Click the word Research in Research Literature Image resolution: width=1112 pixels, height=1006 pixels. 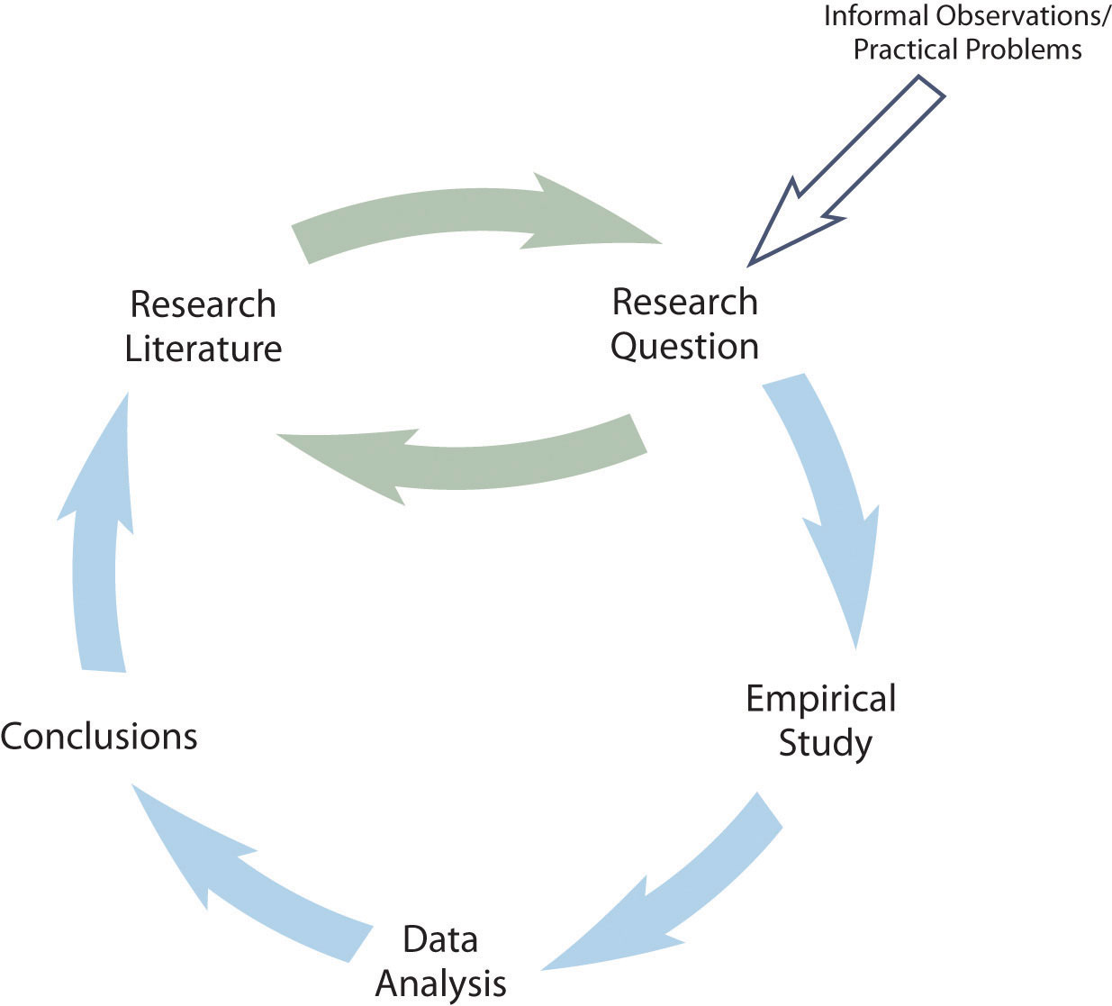[x=203, y=304]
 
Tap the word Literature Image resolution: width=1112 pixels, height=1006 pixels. [x=203, y=349]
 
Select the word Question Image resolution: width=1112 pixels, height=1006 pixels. [x=684, y=347]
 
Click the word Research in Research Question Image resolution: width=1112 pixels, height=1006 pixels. [x=684, y=302]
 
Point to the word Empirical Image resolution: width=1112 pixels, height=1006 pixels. [x=820, y=700]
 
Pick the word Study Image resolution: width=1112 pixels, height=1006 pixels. [x=825, y=744]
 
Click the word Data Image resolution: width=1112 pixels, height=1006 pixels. [x=440, y=939]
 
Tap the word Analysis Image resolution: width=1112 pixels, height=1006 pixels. [x=440, y=983]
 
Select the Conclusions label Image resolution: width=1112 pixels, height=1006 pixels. [x=99, y=737]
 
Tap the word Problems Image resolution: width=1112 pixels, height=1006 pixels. [x=1025, y=49]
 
